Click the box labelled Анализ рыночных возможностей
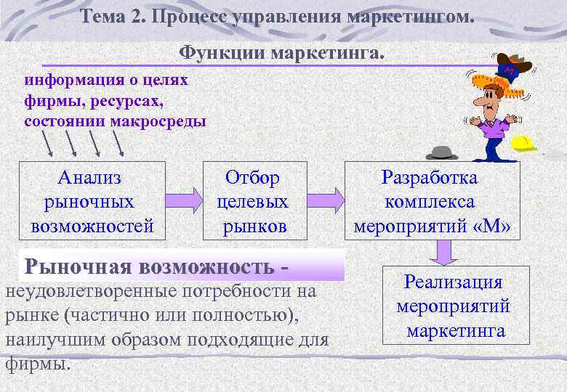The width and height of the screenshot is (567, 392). (92, 201)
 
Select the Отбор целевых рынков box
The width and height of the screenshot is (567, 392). (252, 201)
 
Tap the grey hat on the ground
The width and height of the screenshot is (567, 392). (441, 152)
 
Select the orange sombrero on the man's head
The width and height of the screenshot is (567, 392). (502, 84)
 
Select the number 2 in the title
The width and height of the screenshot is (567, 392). (138, 16)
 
